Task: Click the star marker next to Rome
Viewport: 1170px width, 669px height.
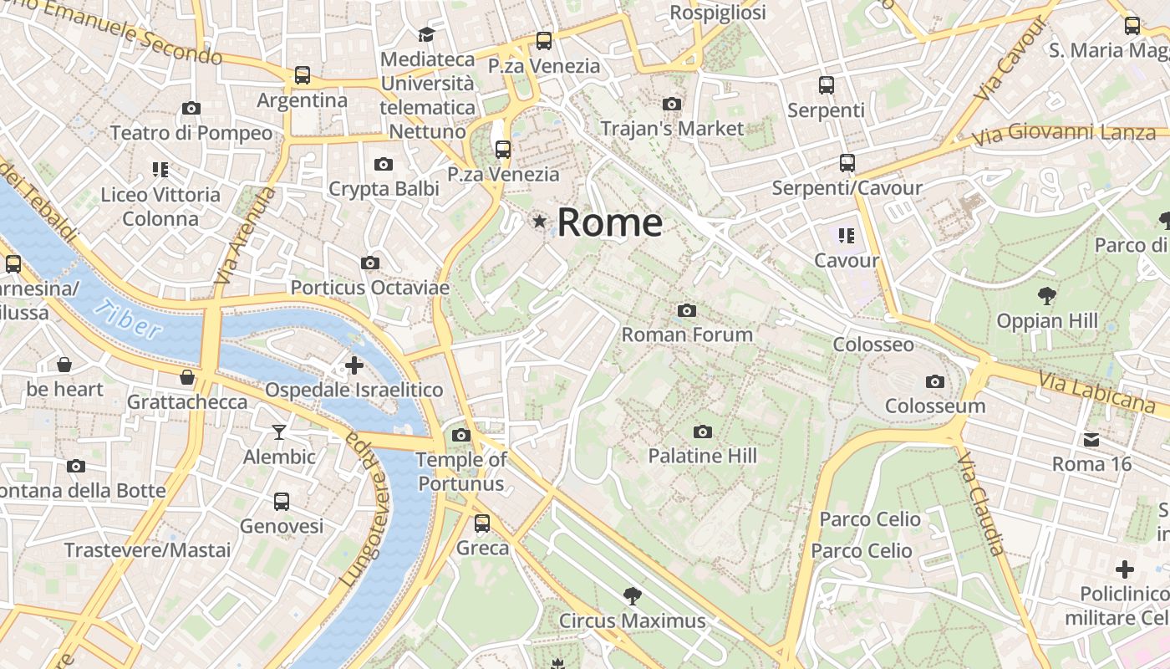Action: tap(540, 222)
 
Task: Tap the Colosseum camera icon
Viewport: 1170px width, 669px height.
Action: tap(935, 382)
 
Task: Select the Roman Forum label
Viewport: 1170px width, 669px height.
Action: tap(687, 334)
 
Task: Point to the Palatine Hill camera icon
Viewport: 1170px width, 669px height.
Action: tap(703, 432)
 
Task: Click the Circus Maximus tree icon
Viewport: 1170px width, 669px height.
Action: tap(633, 596)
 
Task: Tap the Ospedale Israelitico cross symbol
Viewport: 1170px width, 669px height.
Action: tap(354, 365)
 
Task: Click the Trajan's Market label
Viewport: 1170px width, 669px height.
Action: tap(672, 129)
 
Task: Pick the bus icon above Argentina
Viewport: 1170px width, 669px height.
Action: tap(303, 75)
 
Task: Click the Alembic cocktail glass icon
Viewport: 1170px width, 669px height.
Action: tap(279, 432)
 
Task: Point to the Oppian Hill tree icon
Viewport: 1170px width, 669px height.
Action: tap(1045, 296)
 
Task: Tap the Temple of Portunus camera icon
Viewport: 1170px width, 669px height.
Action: tap(460, 435)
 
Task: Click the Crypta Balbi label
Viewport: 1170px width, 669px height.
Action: tap(384, 189)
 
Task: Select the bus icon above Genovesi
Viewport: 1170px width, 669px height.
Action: tap(282, 502)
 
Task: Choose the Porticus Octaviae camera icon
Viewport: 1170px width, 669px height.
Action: tap(369, 263)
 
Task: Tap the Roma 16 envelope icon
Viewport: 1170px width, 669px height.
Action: tap(1091, 440)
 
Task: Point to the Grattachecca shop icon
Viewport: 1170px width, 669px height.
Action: tap(187, 377)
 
